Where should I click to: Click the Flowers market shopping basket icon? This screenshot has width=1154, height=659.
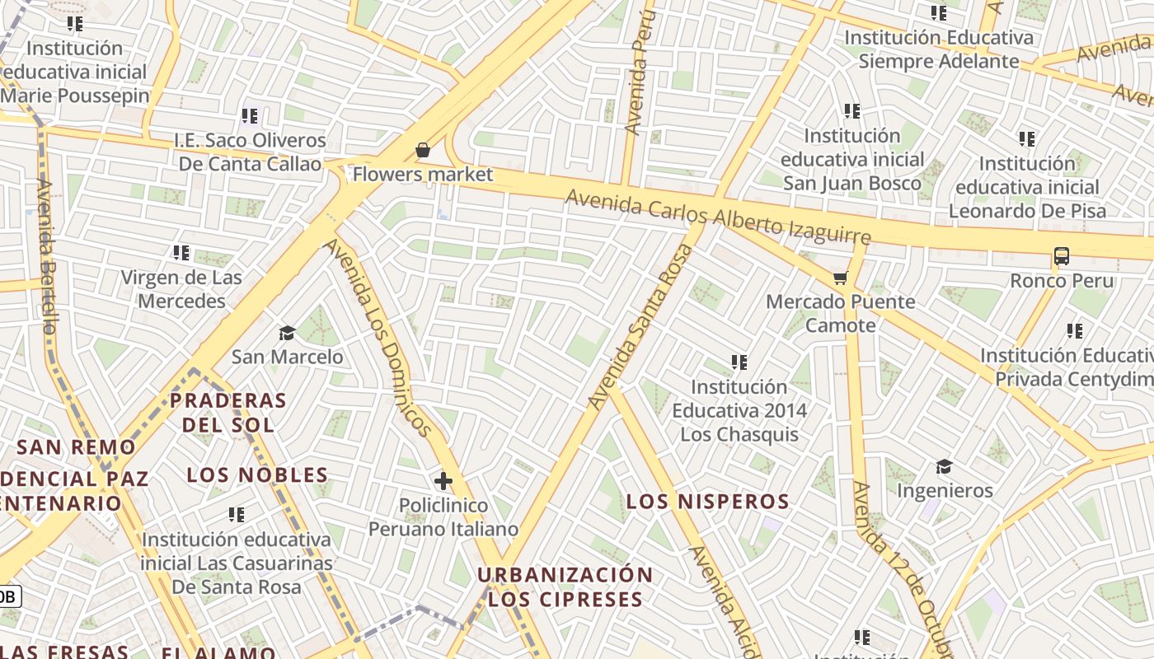(x=423, y=150)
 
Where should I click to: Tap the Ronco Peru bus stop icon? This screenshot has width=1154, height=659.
(x=1062, y=256)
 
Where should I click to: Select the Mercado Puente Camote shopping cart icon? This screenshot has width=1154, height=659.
(x=840, y=278)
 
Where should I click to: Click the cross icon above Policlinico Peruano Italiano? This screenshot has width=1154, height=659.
(x=443, y=480)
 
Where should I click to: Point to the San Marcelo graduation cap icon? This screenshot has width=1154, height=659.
(x=287, y=333)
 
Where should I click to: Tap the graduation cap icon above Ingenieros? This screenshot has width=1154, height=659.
(x=944, y=466)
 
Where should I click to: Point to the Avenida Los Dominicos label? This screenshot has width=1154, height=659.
(x=377, y=338)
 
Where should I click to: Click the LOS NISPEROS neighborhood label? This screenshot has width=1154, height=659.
(x=708, y=502)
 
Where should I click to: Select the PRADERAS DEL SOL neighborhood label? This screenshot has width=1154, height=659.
(x=228, y=414)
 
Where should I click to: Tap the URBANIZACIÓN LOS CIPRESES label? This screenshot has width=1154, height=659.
(x=565, y=587)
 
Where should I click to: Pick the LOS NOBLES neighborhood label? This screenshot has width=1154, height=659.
(x=257, y=475)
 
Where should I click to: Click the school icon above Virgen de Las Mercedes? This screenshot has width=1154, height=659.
(x=181, y=253)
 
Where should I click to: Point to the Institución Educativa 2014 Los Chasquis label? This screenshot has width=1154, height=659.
(x=739, y=410)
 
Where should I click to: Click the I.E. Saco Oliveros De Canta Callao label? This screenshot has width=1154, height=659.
(x=251, y=152)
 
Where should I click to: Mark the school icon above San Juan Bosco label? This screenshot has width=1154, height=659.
(x=852, y=111)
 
